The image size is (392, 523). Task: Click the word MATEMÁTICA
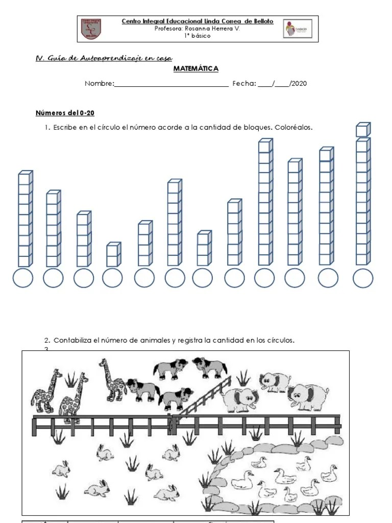click(x=196, y=68)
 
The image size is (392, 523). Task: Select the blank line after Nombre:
click(x=171, y=84)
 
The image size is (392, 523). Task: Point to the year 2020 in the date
click(x=299, y=84)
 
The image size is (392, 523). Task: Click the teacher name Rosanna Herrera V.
click(x=197, y=29)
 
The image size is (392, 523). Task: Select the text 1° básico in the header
click(x=197, y=36)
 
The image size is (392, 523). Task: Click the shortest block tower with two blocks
click(x=113, y=255)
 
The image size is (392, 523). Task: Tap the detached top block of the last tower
click(x=363, y=130)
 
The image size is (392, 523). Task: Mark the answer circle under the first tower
click(x=22, y=278)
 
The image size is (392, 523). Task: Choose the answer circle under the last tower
click(x=363, y=278)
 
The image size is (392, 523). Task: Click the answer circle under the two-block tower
click(x=112, y=278)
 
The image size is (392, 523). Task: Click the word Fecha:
click(x=244, y=84)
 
